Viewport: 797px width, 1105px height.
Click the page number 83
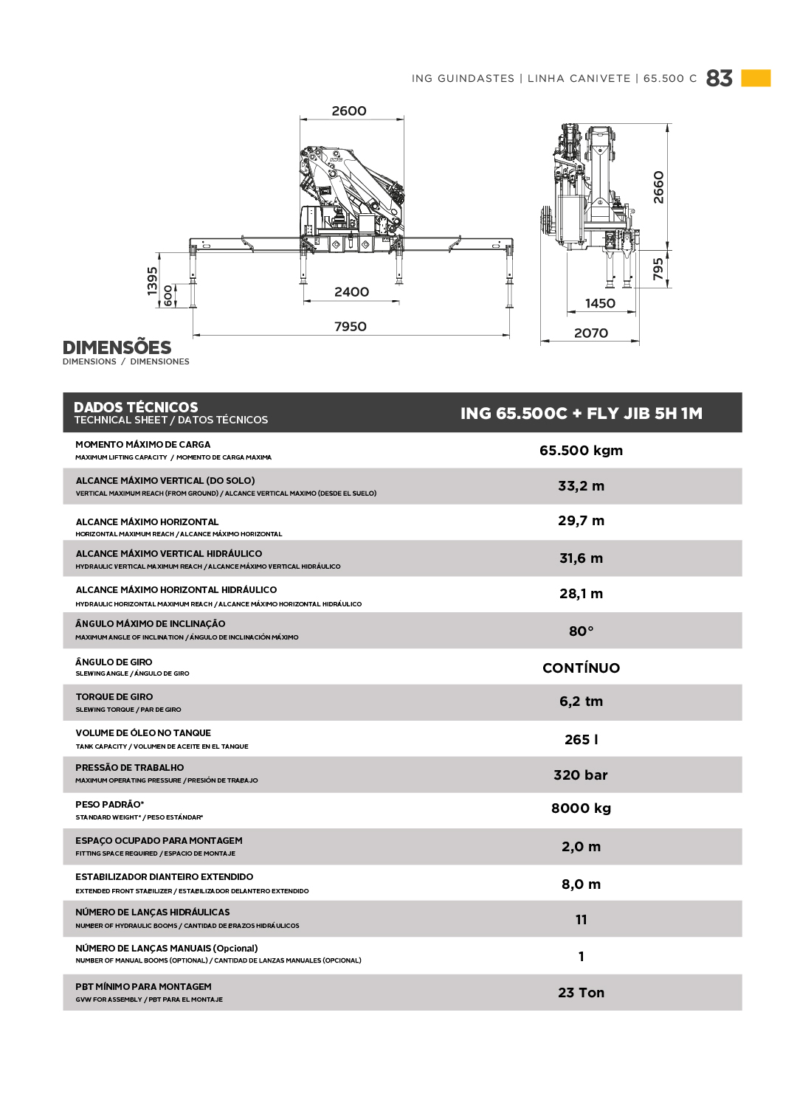point(719,78)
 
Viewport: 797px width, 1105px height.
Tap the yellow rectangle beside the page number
point(756,78)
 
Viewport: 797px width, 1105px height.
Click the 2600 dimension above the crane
point(349,111)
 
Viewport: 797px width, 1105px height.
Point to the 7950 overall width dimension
point(351,326)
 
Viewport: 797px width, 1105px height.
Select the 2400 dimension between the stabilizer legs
point(351,291)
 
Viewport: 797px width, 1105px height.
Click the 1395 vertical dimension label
point(153,281)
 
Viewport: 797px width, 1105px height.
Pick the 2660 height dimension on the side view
point(658,187)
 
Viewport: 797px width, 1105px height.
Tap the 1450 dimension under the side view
point(600,303)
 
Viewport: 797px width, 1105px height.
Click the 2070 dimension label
point(591,333)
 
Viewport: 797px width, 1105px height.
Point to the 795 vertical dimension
point(658,269)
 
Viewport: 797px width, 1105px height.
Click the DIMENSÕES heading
point(117,347)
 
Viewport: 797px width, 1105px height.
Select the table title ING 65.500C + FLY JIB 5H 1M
point(581,413)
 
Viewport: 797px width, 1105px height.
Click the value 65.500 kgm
point(581,450)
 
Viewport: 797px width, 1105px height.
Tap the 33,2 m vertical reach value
point(581,485)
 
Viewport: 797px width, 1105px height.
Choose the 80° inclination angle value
point(581,631)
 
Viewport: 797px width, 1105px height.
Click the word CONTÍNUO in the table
point(581,668)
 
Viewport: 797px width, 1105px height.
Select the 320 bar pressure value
point(581,775)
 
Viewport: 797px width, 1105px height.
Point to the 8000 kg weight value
point(581,808)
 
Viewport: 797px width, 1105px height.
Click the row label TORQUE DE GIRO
point(114,696)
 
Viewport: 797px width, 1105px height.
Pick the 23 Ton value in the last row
point(581,992)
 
